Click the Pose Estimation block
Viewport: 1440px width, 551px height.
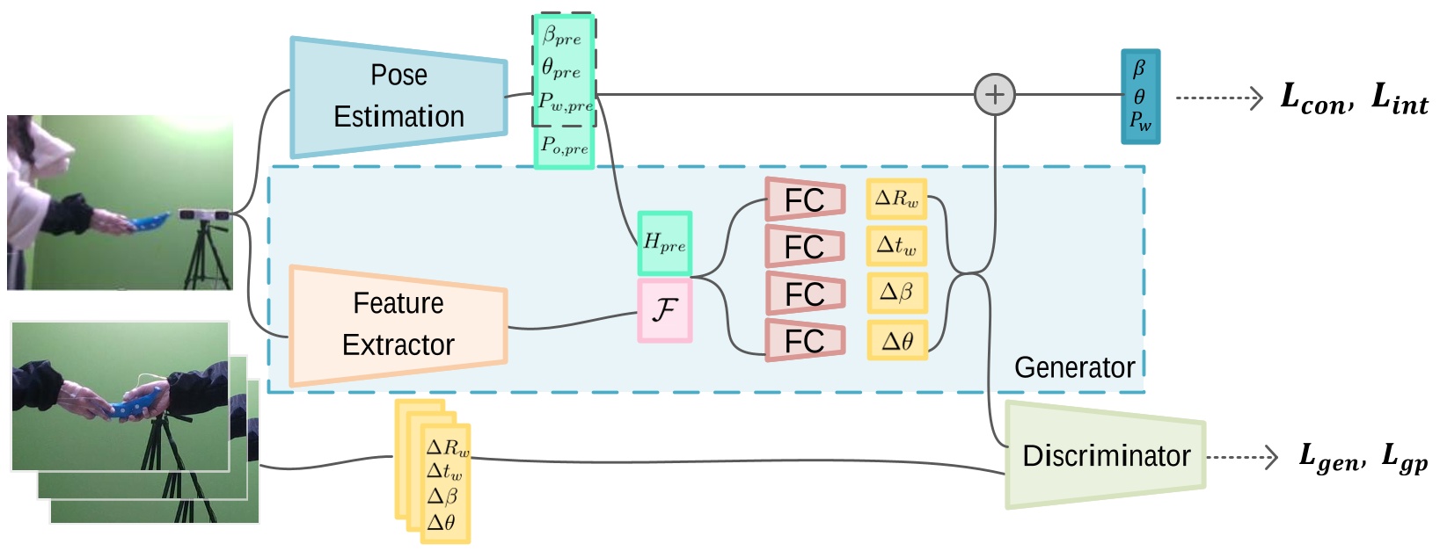pos(398,97)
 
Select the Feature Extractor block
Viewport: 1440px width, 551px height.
pos(398,325)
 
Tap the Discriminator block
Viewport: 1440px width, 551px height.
pos(1105,455)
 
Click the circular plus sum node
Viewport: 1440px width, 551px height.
pos(995,95)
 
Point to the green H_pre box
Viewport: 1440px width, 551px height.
pos(665,243)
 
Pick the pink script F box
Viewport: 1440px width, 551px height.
pos(665,310)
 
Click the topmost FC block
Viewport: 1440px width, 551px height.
pos(805,199)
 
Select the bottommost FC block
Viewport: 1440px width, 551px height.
pos(805,340)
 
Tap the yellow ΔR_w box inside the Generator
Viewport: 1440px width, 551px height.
pos(896,199)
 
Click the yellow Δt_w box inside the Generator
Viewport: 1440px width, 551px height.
pos(896,245)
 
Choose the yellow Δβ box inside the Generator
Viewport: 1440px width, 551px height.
pos(896,293)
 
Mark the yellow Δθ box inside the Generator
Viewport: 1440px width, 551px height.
pos(896,340)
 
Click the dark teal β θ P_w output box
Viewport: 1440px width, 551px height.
pos(1140,97)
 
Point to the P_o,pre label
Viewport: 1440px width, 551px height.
pos(565,146)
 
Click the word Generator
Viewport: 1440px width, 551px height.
pos(1075,367)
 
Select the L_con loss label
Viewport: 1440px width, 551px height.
pos(1317,99)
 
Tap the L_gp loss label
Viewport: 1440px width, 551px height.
pos(1405,458)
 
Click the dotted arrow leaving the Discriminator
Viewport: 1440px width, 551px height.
pos(1242,457)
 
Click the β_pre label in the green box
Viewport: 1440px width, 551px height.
pos(562,35)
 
